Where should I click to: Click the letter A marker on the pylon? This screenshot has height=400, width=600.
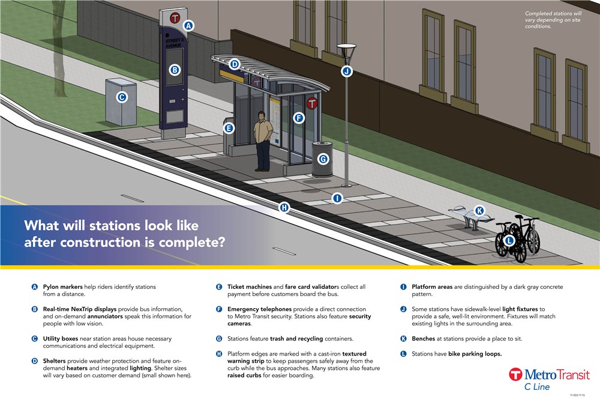[x=188, y=26]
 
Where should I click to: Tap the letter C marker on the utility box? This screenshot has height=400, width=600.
[x=121, y=97]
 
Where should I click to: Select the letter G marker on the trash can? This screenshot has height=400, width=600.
[x=323, y=159]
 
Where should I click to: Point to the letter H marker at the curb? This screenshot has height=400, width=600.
[x=284, y=208]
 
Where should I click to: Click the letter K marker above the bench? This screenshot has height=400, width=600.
[x=479, y=211]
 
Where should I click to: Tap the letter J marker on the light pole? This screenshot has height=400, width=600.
[x=346, y=71]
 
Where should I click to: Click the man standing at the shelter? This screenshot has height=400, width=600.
[x=262, y=141]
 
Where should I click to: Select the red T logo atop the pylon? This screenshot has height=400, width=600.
[x=175, y=17]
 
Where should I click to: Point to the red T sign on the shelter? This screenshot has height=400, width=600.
[x=312, y=103]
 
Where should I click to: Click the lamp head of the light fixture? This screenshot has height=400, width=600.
[x=346, y=46]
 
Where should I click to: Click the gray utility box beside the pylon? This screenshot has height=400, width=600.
[x=120, y=102]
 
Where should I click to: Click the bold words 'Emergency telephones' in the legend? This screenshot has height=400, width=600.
[x=259, y=309]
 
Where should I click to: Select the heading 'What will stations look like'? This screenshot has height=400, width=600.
[x=111, y=226]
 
